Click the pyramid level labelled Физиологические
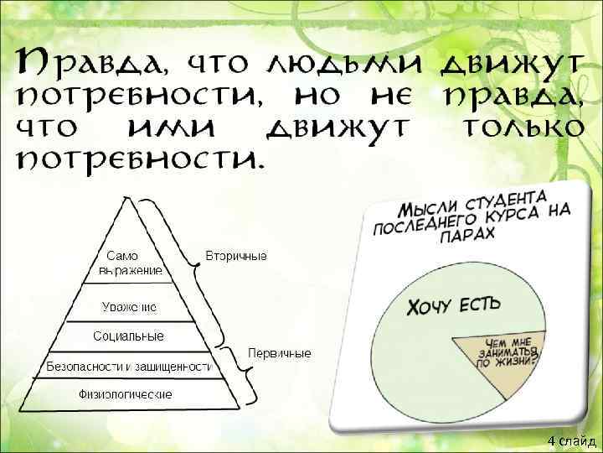coord(126,393)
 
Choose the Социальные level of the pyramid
coord(128,336)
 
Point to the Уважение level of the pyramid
coord(128,307)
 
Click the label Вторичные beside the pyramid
coord(236,255)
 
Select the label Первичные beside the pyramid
coord(279,353)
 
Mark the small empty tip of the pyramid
coord(126,214)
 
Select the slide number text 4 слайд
coord(571,440)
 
